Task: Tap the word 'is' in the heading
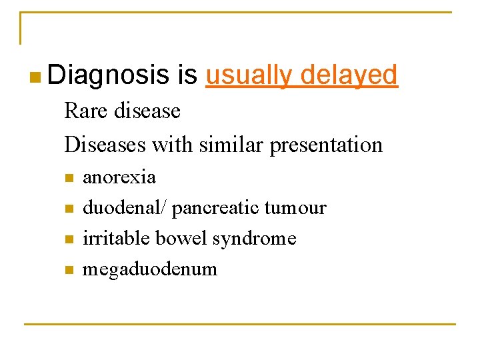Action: [x=188, y=75]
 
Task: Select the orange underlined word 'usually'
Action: [x=249, y=75]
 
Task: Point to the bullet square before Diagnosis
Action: [x=35, y=78]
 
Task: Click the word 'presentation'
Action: [x=326, y=145]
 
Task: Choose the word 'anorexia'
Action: [x=119, y=177]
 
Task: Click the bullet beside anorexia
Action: [x=68, y=178]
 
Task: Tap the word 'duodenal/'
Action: [x=125, y=208]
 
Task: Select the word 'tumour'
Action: [x=295, y=208]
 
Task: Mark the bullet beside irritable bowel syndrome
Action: [x=68, y=239]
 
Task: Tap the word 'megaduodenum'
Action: [x=150, y=269]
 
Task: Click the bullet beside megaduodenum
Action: [x=68, y=270]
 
